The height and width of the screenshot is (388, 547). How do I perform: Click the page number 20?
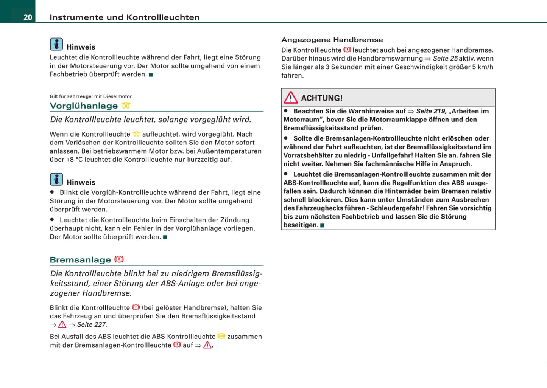tap(28, 17)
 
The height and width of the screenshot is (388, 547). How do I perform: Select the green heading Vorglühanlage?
tap(84, 106)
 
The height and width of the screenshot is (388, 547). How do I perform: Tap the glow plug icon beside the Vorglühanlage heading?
tap(126, 106)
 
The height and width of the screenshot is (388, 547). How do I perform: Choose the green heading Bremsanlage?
tap(80, 260)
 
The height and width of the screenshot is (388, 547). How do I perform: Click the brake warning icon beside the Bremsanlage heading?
tap(119, 259)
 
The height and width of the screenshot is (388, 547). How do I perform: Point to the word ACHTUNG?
tap(322, 98)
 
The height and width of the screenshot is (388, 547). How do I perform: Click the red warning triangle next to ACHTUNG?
tap(291, 98)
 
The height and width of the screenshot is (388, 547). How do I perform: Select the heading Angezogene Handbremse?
tap(332, 40)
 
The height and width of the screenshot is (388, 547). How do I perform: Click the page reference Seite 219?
tap(431, 111)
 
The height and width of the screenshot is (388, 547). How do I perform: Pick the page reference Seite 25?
tap(445, 59)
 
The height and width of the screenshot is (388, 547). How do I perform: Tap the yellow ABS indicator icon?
tap(221, 336)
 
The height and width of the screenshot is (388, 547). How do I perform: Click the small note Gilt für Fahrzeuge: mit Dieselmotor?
tap(90, 96)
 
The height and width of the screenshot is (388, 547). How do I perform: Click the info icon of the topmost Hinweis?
tap(56, 44)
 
